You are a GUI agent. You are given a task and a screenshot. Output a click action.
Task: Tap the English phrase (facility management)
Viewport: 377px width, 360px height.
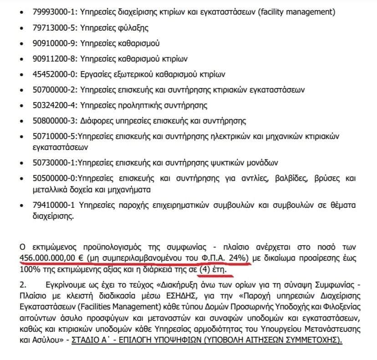(x=296, y=12)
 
